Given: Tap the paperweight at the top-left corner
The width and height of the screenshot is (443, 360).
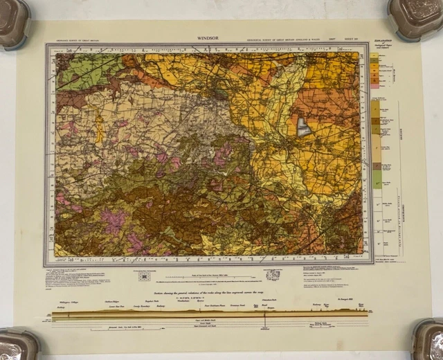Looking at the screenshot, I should coord(13,24).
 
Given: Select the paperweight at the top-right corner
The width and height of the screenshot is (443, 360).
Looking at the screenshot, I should coord(416,18).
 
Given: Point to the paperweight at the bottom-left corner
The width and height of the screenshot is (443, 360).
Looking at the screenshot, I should coord(18,344).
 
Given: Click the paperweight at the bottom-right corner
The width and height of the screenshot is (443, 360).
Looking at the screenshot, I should coord(427,340).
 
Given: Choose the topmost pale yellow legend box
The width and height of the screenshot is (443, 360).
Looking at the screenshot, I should coord(376,54).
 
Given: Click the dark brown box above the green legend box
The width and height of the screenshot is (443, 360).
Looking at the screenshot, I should coord(377,166).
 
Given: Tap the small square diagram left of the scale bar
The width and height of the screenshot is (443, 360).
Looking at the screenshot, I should coord(144,276).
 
